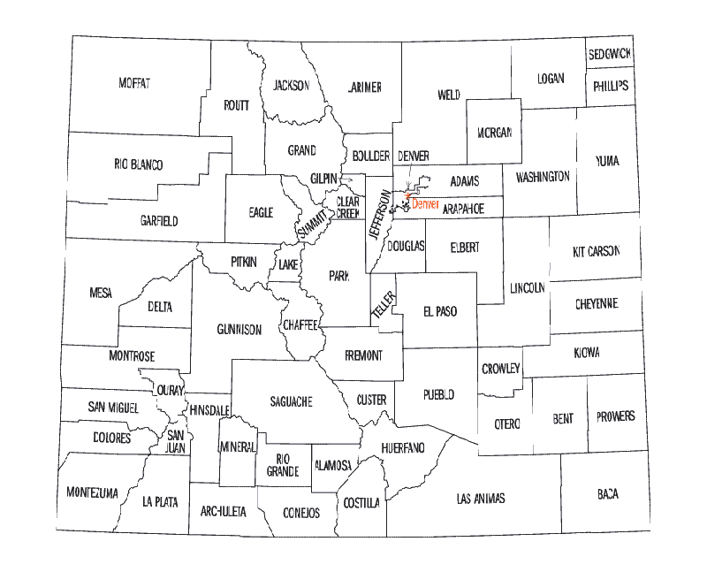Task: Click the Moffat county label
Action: (x=134, y=83)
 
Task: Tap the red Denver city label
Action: (x=426, y=204)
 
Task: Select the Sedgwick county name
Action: (x=610, y=55)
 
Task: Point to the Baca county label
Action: (x=607, y=494)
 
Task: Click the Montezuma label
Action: (x=92, y=492)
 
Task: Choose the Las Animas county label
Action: (x=481, y=499)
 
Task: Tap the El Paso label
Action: (x=440, y=311)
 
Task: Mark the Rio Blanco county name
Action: (x=139, y=164)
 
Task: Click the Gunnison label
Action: (x=239, y=330)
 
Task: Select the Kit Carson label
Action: (x=597, y=251)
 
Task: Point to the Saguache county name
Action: (x=291, y=401)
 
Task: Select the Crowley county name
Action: (x=501, y=369)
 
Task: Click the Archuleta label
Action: (x=224, y=511)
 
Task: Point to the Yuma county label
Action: (x=607, y=161)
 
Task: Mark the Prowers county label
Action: (x=616, y=416)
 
